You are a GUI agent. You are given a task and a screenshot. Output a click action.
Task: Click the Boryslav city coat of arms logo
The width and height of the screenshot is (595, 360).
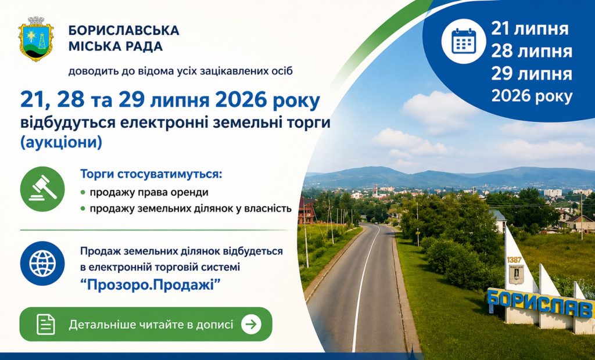click(x=36, y=39)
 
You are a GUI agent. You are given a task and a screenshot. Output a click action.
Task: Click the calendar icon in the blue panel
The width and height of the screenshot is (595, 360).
click(x=464, y=41)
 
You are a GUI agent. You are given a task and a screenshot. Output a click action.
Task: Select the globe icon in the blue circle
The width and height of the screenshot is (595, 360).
click(x=42, y=263)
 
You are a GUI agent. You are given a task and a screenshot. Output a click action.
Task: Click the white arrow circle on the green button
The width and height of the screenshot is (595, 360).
click(x=251, y=325)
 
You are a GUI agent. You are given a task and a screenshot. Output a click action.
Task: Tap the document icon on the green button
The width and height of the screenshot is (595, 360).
click(x=46, y=325)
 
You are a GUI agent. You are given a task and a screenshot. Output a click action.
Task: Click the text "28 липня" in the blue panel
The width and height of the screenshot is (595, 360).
click(x=531, y=52)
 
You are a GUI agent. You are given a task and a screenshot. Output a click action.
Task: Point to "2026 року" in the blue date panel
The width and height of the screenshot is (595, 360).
click(x=532, y=96)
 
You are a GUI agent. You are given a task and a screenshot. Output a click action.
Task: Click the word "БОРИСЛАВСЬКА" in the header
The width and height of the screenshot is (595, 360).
click(x=124, y=30)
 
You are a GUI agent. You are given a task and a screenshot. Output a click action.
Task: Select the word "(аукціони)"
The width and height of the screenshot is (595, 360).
click(x=62, y=143)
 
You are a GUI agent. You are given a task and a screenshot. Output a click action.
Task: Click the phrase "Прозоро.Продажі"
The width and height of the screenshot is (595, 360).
click(x=150, y=285)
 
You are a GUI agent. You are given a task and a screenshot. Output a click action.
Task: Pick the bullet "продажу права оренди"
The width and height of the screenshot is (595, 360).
click(x=149, y=192)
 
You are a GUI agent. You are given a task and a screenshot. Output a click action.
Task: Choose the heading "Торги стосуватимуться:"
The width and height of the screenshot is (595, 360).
click(x=150, y=175)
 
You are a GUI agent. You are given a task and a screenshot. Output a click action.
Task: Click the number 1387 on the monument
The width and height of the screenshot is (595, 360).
click(x=514, y=260)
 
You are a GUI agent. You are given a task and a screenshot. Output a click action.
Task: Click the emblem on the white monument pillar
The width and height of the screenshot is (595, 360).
click(x=516, y=274)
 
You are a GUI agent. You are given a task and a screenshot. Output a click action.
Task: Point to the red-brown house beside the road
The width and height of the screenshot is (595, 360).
click(x=307, y=211)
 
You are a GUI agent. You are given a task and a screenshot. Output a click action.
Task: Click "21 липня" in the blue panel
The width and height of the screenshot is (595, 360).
click(x=530, y=29)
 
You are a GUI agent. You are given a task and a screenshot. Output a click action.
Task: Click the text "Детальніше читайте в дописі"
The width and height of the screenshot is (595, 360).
click(x=151, y=325)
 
